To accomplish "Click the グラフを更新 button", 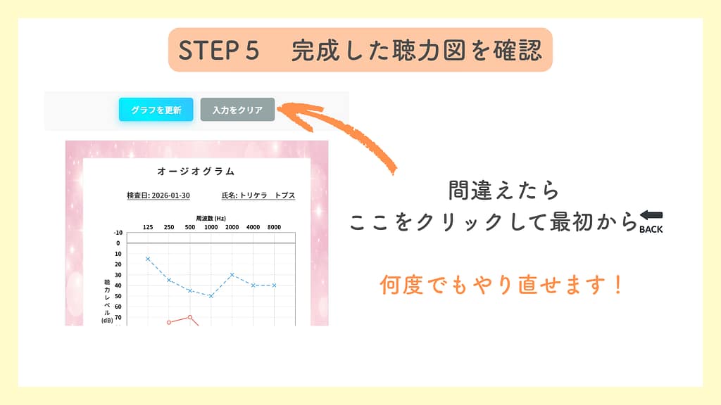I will pyautogui.click(x=156, y=110).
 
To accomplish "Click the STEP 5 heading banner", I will pyautogui.click(x=360, y=50).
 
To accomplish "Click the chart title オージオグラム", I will pyautogui.click(x=196, y=172).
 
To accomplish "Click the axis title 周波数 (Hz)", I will pyautogui.click(x=211, y=219).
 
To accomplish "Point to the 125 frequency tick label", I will pyautogui.click(x=148, y=227).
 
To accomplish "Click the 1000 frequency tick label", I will pyautogui.click(x=211, y=227).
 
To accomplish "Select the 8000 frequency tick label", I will pyautogui.click(x=275, y=227).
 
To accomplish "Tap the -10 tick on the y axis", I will pyautogui.click(x=118, y=233).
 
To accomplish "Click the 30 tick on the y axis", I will pyautogui.click(x=118, y=275).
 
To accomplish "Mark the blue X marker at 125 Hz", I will pyautogui.click(x=148, y=259).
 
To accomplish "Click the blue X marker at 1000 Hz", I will pyautogui.click(x=211, y=296).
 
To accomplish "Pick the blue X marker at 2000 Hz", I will pyautogui.click(x=232, y=275).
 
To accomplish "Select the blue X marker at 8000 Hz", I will pyautogui.click(x=275, y=285).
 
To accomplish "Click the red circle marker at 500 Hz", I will pyautogui.click(x=190, y=317).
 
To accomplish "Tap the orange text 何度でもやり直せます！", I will pyautogui.click(x=501, y=285).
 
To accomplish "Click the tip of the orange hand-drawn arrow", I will pyautogui.click(x=280, y=108).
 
